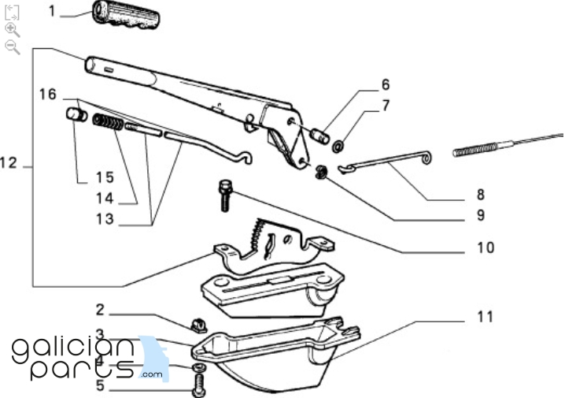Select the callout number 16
[x=48, y=95]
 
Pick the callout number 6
[x=386, y=84]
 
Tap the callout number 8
[x=479, y=194]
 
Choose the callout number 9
[x=479, y=214]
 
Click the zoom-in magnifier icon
[x=12, y=30]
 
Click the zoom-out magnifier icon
[x=12, y=47]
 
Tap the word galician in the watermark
[x=73, y=348]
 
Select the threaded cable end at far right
[x=479, y=147]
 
